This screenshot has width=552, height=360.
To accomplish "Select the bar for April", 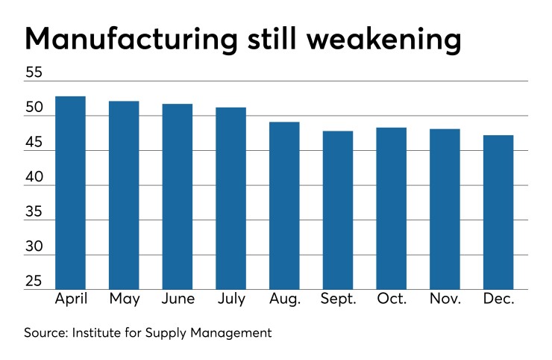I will point(70,193).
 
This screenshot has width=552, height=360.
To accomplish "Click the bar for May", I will point(124,195).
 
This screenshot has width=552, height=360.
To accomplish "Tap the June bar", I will point(178,196).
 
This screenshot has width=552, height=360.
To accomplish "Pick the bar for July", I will point(230,199).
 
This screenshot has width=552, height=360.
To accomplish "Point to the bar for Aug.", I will point(284,205).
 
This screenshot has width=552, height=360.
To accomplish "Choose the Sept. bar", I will point(338,210).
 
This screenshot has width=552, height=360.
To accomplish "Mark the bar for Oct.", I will point(391,208).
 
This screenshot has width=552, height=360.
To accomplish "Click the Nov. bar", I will point(445,209).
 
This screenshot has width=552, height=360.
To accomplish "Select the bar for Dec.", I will point(498,212).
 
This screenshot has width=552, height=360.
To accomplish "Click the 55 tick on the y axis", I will point(34,73).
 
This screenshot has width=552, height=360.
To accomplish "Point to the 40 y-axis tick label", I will point(34,179).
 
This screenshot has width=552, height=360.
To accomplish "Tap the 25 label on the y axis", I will point(34,282).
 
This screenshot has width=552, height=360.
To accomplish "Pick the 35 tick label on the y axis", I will point(34,214).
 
